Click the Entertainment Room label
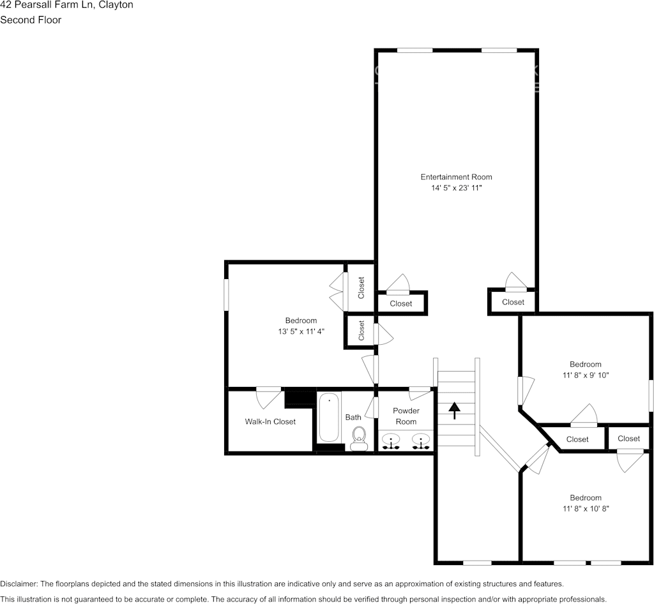coord(456,177)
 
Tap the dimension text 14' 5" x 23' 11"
coord(456,188)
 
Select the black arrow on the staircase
coord(455,410)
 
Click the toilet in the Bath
coord(359,437)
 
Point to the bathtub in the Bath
coord(329,418)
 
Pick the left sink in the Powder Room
coord(390,441)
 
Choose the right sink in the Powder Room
coord(420,441)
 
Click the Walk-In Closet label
coord(270,421)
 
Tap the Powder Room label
coord(406,416)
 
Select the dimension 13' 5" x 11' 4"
coord(301,331)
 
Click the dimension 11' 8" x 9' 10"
coord(586,375)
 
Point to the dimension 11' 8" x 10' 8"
coord(586,509)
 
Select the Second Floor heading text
coord(31,20)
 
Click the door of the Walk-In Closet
coord(268,397)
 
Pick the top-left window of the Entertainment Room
coord(414,50)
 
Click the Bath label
coord(353,417)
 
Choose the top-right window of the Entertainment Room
coord(499,50)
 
